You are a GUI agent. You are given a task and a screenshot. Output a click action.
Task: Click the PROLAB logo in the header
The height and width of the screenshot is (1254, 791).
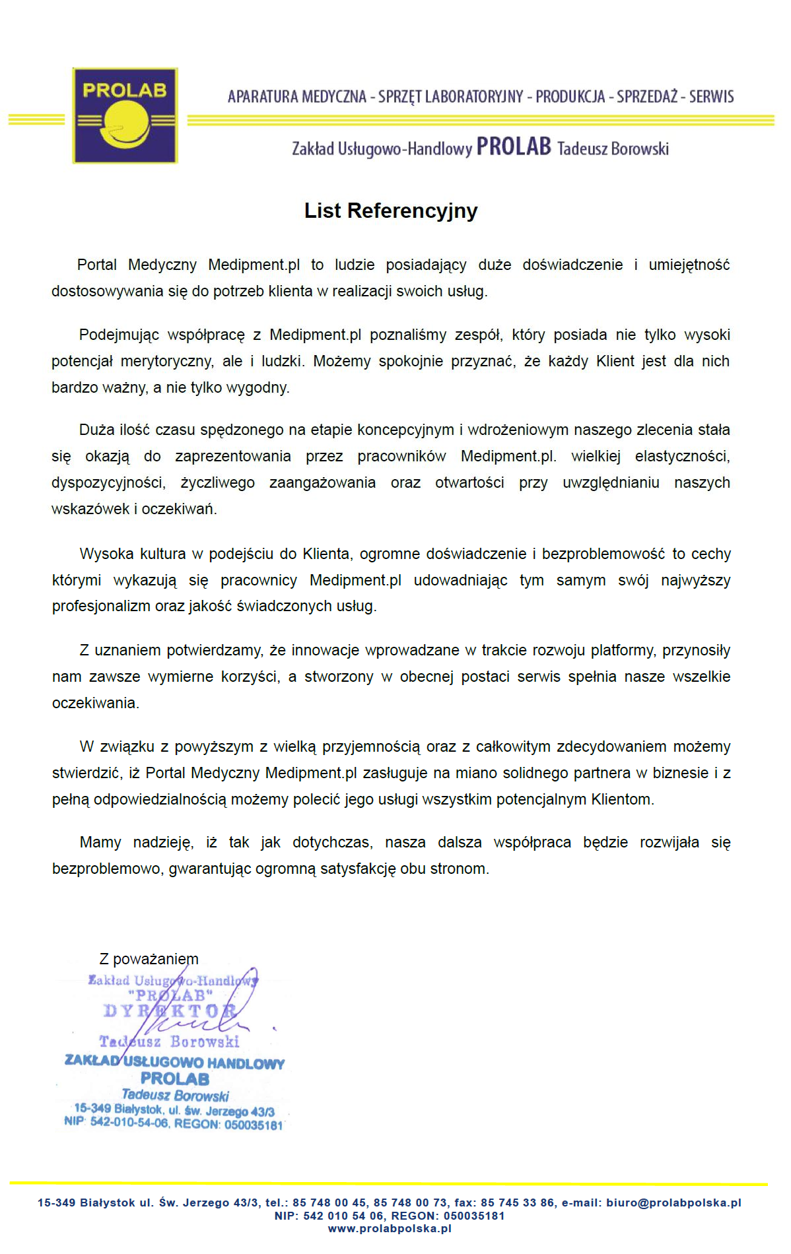[125, 115]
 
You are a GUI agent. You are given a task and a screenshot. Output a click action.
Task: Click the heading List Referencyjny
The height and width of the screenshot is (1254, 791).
[390, 211]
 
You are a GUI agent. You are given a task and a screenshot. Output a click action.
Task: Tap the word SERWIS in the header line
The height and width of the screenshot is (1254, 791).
[711, 97]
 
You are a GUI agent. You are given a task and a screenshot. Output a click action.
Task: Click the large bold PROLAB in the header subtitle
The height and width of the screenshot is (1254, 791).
[514, 147]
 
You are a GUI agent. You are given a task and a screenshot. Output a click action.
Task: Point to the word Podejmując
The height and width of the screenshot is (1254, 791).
[119, 335]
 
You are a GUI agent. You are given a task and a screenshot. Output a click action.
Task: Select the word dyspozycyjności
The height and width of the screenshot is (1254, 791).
[108, 483]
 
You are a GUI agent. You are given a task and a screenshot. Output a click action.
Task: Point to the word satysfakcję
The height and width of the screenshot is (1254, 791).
[358, 869]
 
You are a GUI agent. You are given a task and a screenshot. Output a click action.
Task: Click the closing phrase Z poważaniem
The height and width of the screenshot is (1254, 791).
[149, 959]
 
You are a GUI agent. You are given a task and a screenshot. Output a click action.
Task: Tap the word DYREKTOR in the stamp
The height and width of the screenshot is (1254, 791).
[170, 1011]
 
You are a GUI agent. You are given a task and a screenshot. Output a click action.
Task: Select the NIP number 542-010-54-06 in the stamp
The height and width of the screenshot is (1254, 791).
[129, 1123]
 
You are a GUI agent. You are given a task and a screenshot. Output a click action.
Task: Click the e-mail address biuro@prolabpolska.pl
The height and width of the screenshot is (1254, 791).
[673, 1203]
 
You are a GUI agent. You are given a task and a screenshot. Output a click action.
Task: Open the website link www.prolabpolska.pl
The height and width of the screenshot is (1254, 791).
[390, 1228]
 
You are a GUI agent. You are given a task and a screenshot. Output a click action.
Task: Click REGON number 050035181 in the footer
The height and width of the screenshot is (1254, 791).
[474, 1216]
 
